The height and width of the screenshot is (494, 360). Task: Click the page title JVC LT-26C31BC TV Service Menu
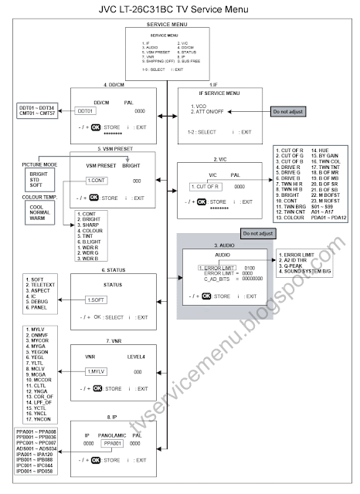point(179,9)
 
